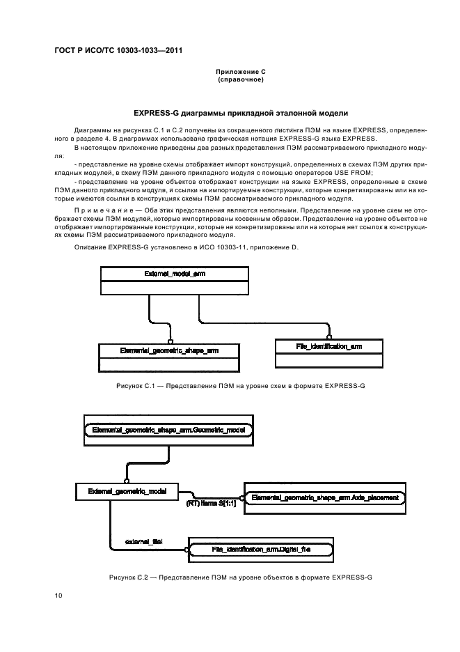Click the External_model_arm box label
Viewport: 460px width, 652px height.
(175, 274)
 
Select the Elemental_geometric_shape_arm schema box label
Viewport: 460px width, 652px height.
(169, 350)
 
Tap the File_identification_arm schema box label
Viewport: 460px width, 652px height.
(328, 346)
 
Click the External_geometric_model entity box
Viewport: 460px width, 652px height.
(127, 492)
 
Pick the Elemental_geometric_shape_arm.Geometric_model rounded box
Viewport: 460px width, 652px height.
(168, 430)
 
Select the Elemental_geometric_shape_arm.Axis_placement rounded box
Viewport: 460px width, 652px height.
(325, 498)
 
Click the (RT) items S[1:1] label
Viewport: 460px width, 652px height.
(211, 504)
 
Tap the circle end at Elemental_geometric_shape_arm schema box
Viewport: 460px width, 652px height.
(170, 341)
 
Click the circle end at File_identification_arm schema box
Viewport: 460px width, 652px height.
(329, 337)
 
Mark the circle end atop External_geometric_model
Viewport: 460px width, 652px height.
(127, 480)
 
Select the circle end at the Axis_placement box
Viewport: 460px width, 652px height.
(243, 498)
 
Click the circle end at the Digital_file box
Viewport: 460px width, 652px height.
(187, 550)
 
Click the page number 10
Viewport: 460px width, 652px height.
(58, 596)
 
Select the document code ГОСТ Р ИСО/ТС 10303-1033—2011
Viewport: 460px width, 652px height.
(118, 50)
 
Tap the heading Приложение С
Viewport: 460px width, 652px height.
(241, 72)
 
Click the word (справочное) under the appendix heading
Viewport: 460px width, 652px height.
(241, 79)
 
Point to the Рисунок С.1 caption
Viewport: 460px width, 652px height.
(241, 386)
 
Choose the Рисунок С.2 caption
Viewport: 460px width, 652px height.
(241, 577)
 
